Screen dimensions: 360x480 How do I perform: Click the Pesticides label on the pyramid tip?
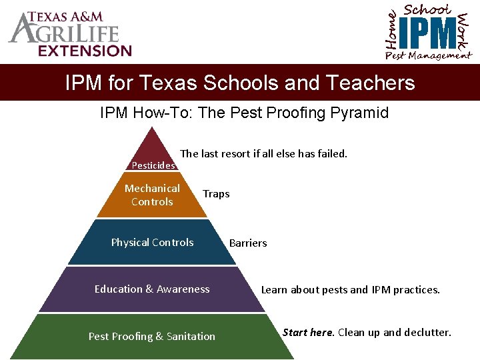[153, 165]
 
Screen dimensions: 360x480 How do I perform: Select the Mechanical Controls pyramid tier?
[152, 195]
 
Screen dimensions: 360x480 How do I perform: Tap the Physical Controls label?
[152, 243]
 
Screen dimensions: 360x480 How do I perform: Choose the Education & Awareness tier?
[152, 289]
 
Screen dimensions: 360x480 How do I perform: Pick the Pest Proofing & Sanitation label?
[152, 337]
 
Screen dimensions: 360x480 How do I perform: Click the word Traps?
[216, 194]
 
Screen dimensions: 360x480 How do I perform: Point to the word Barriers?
[248, 243]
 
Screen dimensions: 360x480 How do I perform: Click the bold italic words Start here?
[309, 332]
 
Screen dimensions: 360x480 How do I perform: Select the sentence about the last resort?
[264, 153]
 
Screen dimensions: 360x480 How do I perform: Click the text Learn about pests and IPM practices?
[350, 290]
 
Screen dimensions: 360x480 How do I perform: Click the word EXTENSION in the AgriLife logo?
[85, 51]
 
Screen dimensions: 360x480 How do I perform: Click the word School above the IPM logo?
[427, 9]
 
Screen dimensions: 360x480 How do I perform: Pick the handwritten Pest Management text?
[427, 56]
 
